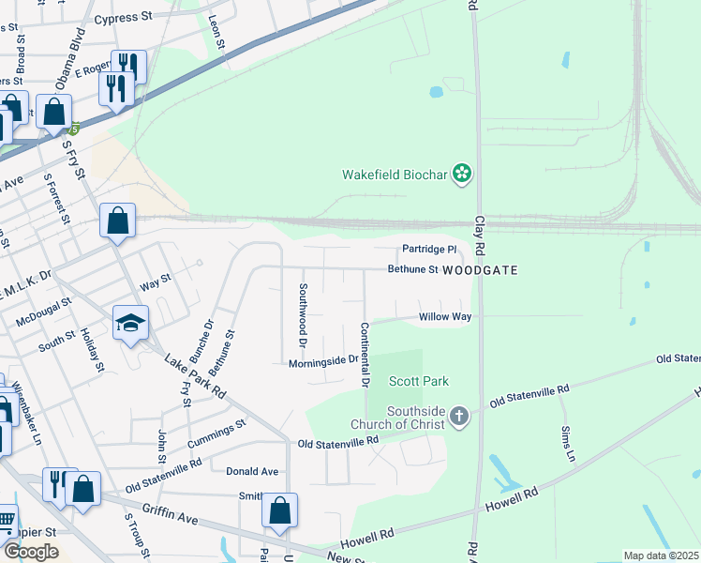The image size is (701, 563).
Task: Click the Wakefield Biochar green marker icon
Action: point(460,173)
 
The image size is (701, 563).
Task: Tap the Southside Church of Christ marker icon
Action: point(458,416)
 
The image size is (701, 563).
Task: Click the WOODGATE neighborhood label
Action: point(480,270)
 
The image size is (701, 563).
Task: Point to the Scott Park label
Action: point(419,381)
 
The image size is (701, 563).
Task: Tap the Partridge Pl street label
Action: point(428,250)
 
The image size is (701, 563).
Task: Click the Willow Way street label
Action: point(444,317)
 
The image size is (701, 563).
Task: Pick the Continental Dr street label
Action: point(364,355)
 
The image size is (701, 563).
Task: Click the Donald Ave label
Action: point(252,471)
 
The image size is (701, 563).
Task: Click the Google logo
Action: point(32,552)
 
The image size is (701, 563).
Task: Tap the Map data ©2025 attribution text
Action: point(660,555)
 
